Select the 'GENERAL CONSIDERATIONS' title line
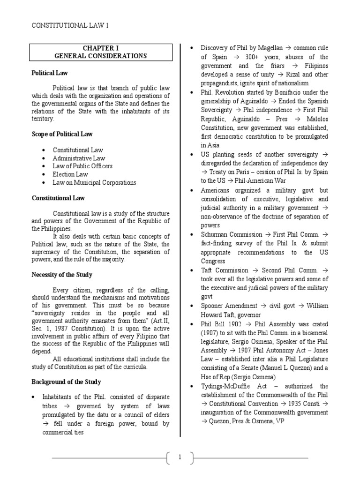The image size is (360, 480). (x=100, y=56)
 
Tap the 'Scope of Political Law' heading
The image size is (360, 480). (x=62, y=134)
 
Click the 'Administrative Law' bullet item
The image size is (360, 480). (x=79, y=158)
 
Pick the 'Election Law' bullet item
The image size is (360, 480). (x=70, y=174)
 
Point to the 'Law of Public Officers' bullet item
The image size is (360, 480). (x=82, y=166)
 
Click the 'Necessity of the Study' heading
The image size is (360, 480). (x=62, y=275)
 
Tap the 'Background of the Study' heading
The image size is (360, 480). (x=66, y=382)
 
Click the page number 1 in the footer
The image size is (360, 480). (x=180, y=457)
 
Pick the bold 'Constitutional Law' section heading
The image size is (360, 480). (x=58, y=198)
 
